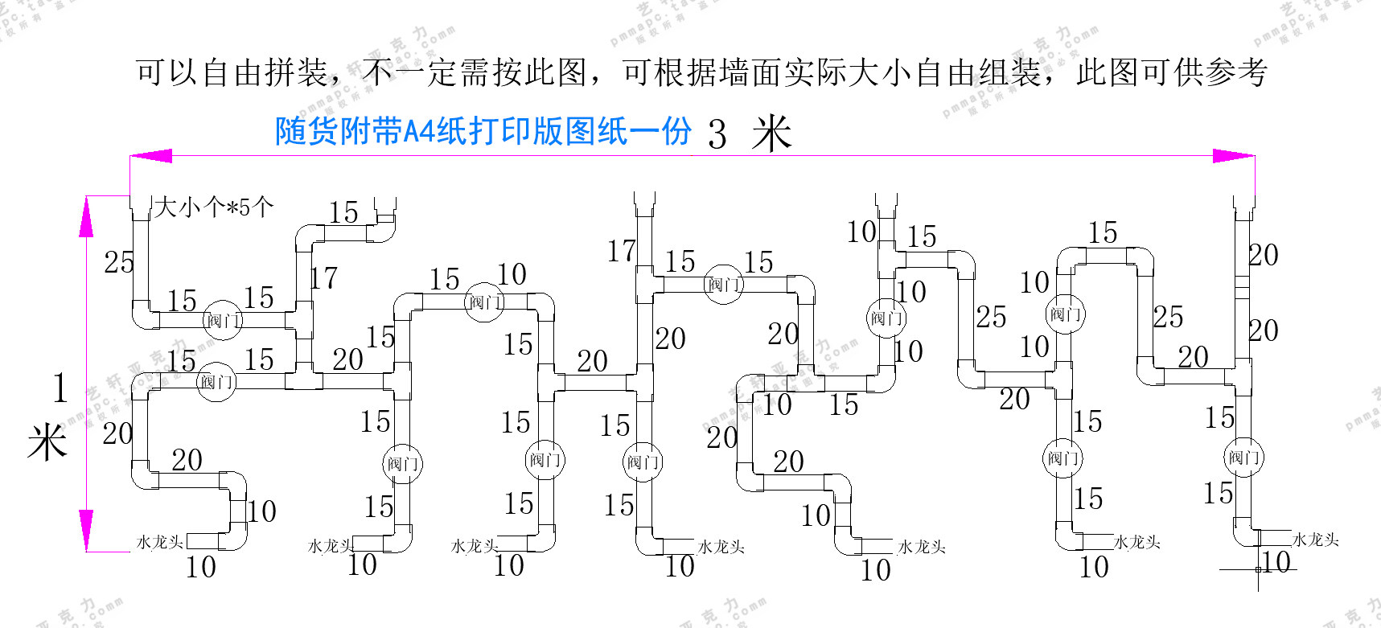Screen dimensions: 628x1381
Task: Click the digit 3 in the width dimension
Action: coord(717,134)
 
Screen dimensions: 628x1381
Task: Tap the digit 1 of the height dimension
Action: coord(60,388)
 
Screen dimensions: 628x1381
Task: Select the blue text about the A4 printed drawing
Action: coord(483,131)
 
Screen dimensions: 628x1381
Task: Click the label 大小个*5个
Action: coord(214,207)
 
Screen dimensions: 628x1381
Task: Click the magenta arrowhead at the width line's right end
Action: coord(1233,155)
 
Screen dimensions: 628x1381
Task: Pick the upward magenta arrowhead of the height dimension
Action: coord(86,217)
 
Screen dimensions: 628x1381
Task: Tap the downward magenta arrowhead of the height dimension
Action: coord(86,530)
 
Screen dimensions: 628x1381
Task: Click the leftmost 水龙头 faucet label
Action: coord(160,543)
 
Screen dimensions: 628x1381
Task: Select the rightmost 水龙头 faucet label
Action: coord(1315,540)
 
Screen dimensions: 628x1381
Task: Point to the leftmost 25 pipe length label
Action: coord(119,262)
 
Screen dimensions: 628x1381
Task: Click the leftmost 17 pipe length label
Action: coord(323,278)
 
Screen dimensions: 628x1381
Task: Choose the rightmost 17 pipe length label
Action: coord(621,252)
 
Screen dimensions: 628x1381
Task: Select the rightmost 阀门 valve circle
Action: coord(1243,458)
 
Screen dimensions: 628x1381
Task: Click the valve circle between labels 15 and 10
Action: coord(485,302)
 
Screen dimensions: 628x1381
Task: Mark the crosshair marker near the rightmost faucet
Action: coord(1258,569)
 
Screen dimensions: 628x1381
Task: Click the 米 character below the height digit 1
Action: coord(47,442)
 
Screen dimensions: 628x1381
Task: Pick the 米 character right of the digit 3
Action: coord(771,133)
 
